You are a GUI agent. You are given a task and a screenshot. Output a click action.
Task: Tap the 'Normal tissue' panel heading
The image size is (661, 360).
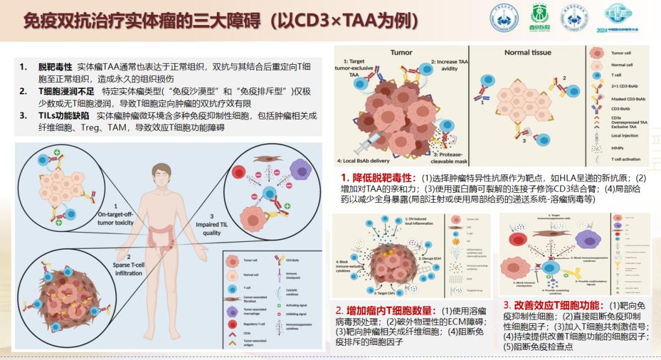528,53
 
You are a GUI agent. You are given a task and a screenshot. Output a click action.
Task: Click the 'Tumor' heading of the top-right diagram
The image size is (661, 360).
401,53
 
